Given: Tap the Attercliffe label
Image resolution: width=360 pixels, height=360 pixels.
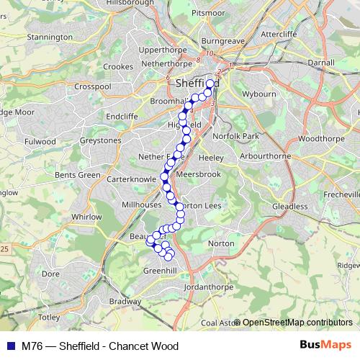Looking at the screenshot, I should (279, 34).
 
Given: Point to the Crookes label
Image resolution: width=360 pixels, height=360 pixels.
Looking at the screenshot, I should (118, 66).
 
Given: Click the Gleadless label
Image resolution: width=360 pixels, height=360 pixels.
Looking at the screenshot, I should (290, 206).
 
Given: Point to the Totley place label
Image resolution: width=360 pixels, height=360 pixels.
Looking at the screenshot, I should (49, 317).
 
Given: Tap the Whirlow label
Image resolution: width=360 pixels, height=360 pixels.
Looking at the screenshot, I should (86, 216).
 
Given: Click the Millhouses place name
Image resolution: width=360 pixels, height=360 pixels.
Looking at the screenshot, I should (141, 204).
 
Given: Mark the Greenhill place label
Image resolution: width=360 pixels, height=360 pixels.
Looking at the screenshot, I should (161, 270).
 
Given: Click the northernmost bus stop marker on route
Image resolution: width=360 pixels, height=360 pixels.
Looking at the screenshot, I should (210, 84).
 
